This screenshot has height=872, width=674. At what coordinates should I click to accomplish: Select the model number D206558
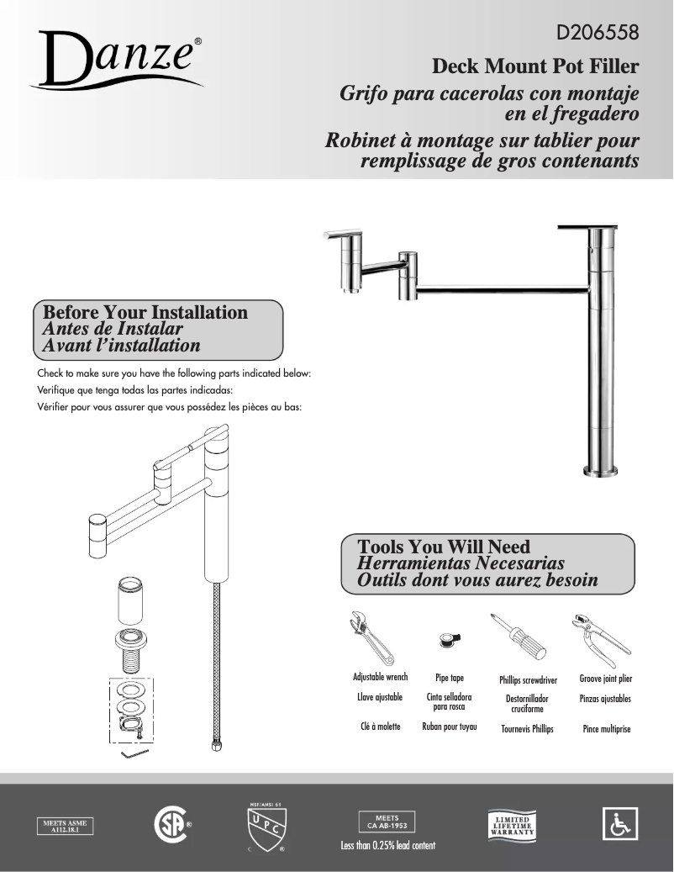pyautogui.click(x=598, y=34)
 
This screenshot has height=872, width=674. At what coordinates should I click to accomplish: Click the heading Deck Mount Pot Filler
pyautogui.click(x=535, y=66)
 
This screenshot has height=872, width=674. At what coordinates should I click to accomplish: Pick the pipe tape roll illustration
pyautogui.click(x=450, y=642)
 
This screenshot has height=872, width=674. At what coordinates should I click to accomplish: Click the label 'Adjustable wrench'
pyautogui.click(x=380, y=677)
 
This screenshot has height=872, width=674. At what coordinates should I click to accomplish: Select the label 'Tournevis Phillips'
pyautogui.click(x=527, y=729)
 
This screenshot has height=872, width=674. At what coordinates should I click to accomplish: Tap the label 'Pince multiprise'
pyautogui.click(x=606, y=729)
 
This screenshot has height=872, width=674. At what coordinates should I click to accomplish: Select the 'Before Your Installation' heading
pyautogui.click(x=145, y=313)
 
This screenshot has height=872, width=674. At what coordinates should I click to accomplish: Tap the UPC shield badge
pyautogui.click(x=265, y=827)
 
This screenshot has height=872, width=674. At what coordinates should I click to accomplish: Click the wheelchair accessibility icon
pyautogui.click(x=620, y=823)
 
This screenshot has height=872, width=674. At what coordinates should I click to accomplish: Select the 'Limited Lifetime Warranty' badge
pyautogui.click(x=512, y=824)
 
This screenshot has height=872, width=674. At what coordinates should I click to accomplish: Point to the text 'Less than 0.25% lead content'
pyautogui.click(x=387, y=845)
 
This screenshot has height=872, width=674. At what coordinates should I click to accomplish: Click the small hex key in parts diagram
pyautogui.click(x=131, y=753)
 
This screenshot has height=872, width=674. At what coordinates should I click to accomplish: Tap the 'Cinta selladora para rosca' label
pyautogui.click(x=449, y=702)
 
